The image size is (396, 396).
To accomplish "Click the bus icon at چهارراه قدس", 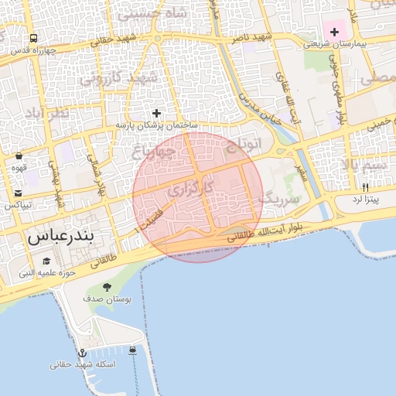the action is (34, 38).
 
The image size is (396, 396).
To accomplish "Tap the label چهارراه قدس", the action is (34, 50).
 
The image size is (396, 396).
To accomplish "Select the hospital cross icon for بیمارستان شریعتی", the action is (334, 32).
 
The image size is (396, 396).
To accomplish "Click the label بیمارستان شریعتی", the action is (333, 44).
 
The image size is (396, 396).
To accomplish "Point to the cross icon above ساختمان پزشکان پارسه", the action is (157, 113).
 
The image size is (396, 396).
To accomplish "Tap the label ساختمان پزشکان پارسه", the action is (157, 125).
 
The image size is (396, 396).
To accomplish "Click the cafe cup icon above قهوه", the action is (19, 155).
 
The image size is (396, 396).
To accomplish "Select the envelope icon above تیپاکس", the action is (19, 193).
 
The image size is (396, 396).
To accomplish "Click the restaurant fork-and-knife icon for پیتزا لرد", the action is (365, 187).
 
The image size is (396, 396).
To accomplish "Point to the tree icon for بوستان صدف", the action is (107, 288).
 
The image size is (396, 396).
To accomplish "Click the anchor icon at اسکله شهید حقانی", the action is (84, 353).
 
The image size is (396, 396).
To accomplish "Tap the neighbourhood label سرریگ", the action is (277, 197).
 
